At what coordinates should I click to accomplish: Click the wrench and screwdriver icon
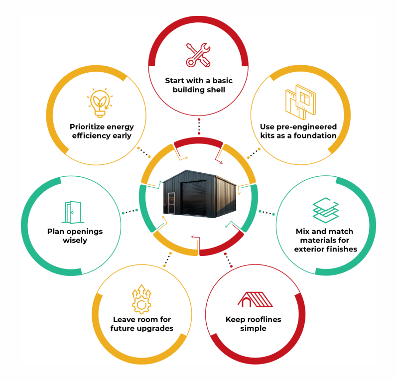click(199, 55)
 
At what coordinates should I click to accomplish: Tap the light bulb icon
click(100, 103)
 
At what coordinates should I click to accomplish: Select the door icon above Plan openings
click(72, 212)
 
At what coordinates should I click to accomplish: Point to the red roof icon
click(255, 299)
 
